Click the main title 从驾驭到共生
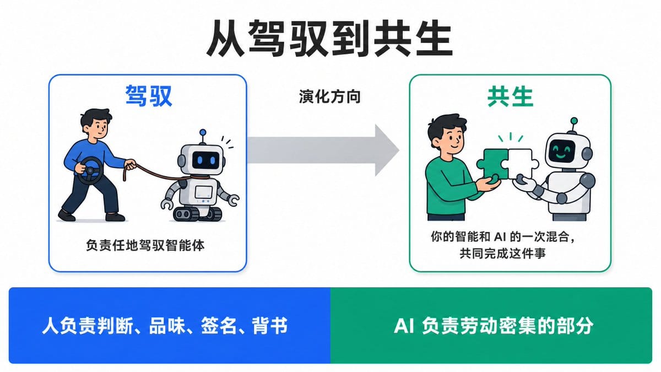pyautogui.click(x=329, y=39)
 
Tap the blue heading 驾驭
pyautogui.click(x=148, y=96)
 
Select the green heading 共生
pyautogui.click(x=510, y=97)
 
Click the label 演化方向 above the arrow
pyautogui.click(x=329, y=97)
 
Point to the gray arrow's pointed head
pyautogui.click(x=398, y=150)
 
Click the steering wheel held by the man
pyautogui.click(x=90, y=170)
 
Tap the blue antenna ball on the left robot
pyautogui.click(x=203, y=132)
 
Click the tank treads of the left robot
pyautogui.click(x=197, y=214)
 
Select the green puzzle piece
pyautogui.click(x=493, y=164)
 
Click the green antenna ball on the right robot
pyautogui.click(x=574, y=121)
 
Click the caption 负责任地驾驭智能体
pyautogui.click(x=145, y=245)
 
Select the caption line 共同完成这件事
pyautogui.click(x=502, y=254)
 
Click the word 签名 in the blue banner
pyautogui.click(x=219, y=326)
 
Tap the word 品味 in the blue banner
pyautogui.click(x=167, y=326)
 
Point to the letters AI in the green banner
pyautogui.click(x=404, y=326)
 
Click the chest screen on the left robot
pyautogui.click(x=204, y=192)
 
